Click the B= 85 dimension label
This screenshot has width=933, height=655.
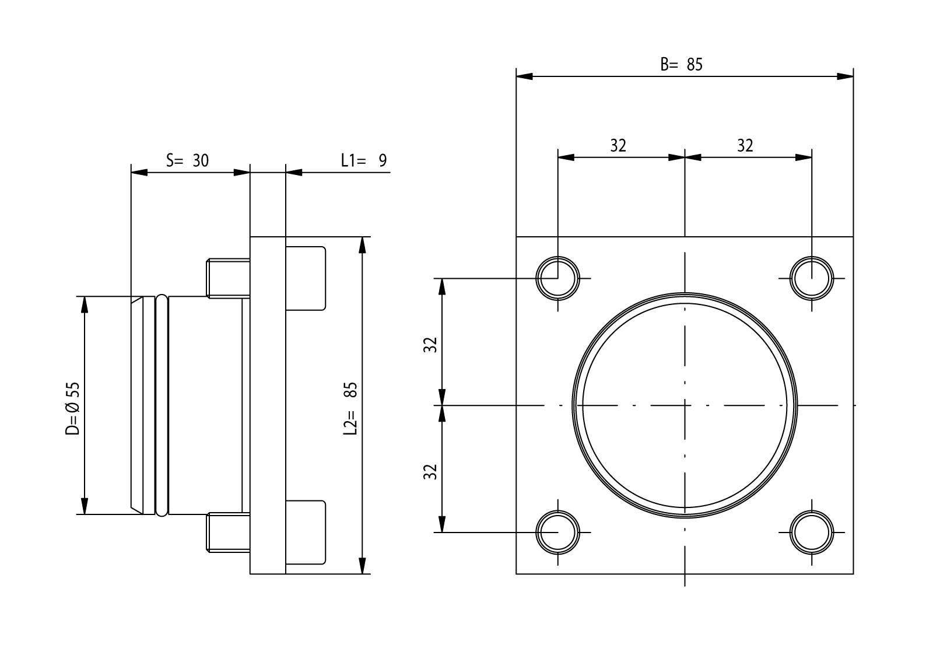click(x=681, y=64)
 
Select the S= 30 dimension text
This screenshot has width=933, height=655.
click(x=187, y=160)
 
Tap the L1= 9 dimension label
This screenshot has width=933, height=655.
click(x=364, y=160)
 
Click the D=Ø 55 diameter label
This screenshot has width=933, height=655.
click(x=72, y=409)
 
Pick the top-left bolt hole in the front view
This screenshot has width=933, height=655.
click(x=558, y=278)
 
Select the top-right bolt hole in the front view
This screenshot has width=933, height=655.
click(x=812, y=278)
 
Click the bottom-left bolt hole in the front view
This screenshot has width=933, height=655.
click(x=558, y=532)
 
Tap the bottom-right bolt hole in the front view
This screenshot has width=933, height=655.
click(x=812, y=532)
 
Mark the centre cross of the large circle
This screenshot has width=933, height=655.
click(x=685, y=405)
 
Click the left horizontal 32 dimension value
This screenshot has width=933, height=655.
click(x=618, y=145)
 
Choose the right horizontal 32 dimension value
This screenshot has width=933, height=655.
click(x=745, y=145)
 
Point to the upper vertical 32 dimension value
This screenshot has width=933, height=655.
click(x=430, y=345)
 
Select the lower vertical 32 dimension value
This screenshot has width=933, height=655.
click(x=430, y=471)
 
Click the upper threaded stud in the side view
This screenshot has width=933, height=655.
click(x=229, y=278)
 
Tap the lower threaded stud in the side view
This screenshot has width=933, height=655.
click(x=229, y=532)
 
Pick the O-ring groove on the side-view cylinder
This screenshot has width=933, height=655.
click(x=162, y=405)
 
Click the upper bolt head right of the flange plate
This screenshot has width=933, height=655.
click(x=305, y=278)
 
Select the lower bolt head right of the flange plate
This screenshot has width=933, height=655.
click(x=305, y=532)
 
